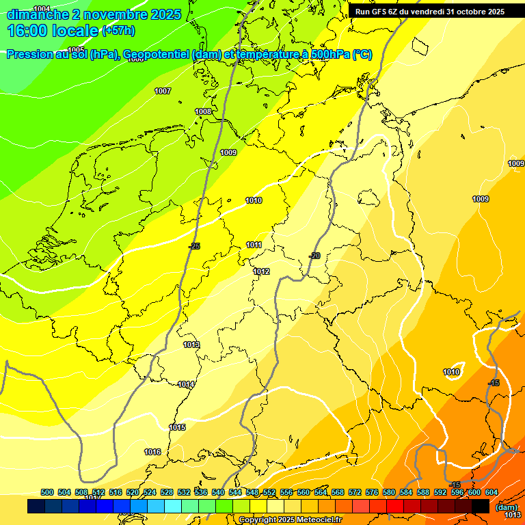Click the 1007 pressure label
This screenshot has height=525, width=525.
coord(163,91)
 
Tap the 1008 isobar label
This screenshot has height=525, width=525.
coord(203,111)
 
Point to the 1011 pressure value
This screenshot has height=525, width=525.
coord(254,245)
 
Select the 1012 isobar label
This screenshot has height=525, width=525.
coord(261,271)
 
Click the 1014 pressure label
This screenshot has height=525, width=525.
coord(186,384)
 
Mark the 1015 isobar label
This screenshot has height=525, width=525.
coord(177,427)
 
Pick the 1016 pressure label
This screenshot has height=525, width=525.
coord(152,452)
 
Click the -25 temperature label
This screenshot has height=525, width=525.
coord(195,246)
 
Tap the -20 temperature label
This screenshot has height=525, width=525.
coord(314,256)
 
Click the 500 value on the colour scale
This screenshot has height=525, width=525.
coord(47,492)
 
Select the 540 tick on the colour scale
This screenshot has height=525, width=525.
coord(218,492)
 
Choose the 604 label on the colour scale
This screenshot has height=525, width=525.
coord(492,492)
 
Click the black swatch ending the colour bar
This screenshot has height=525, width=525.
coord(481,506)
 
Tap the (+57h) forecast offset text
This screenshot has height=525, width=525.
coord(119,31)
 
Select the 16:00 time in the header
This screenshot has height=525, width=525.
coord(27,31)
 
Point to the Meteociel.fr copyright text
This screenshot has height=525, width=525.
coord(291,520)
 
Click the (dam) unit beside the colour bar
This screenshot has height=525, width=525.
coord(507,507)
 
